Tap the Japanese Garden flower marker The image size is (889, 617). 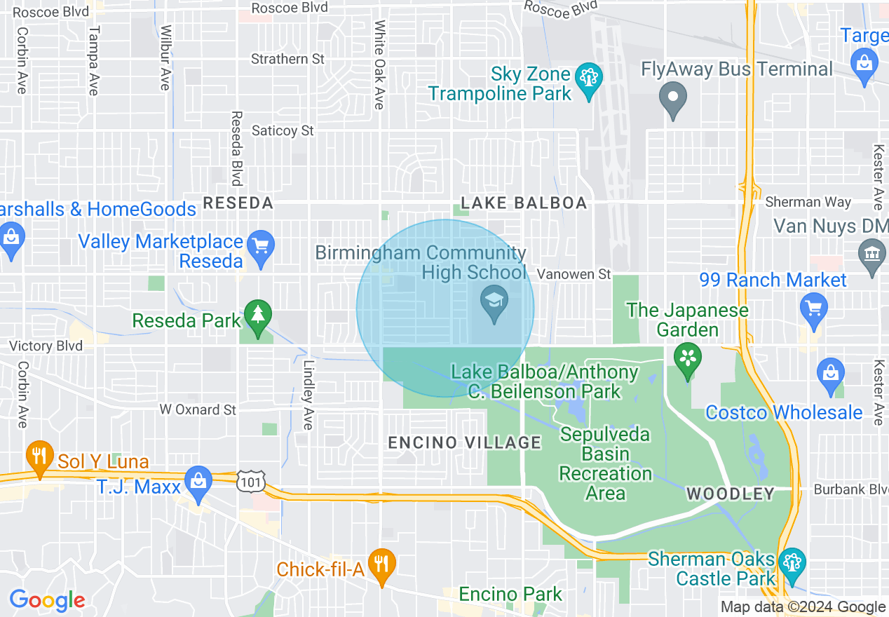(687, 358)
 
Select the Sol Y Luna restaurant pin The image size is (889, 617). (40, 457)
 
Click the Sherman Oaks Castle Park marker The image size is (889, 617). (792, 564)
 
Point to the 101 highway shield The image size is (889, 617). (250, 482)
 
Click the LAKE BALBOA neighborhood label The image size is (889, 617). (523, 203)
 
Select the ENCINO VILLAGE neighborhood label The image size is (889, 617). (465, 442)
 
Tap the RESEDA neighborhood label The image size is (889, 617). (238, 203)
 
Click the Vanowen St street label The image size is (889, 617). (574, 274)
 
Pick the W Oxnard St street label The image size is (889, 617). (198, 409)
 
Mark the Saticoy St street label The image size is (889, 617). (283, 131)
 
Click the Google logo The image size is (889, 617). (47, 600)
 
